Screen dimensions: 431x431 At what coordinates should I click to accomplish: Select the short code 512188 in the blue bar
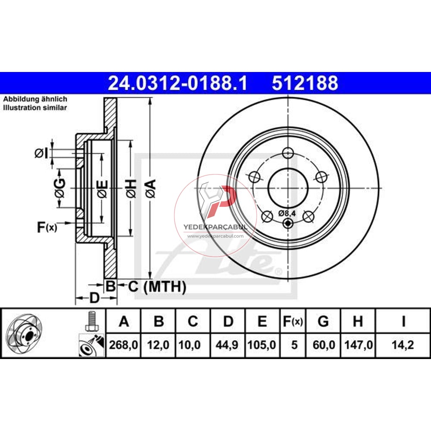pos(305,83)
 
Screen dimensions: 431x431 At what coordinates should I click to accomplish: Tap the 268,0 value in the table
pos(123,345)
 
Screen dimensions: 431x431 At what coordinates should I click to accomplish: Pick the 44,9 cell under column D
pos(227,345)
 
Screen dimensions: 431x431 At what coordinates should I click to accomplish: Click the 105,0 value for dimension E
pos(262,345)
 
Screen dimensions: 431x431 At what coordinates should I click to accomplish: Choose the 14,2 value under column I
pos(403,345)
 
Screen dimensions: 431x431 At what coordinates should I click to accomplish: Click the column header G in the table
pos(323,321)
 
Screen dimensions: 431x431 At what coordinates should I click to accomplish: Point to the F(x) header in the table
pos(293,322)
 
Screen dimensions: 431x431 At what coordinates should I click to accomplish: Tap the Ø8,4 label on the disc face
pos(287,213)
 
